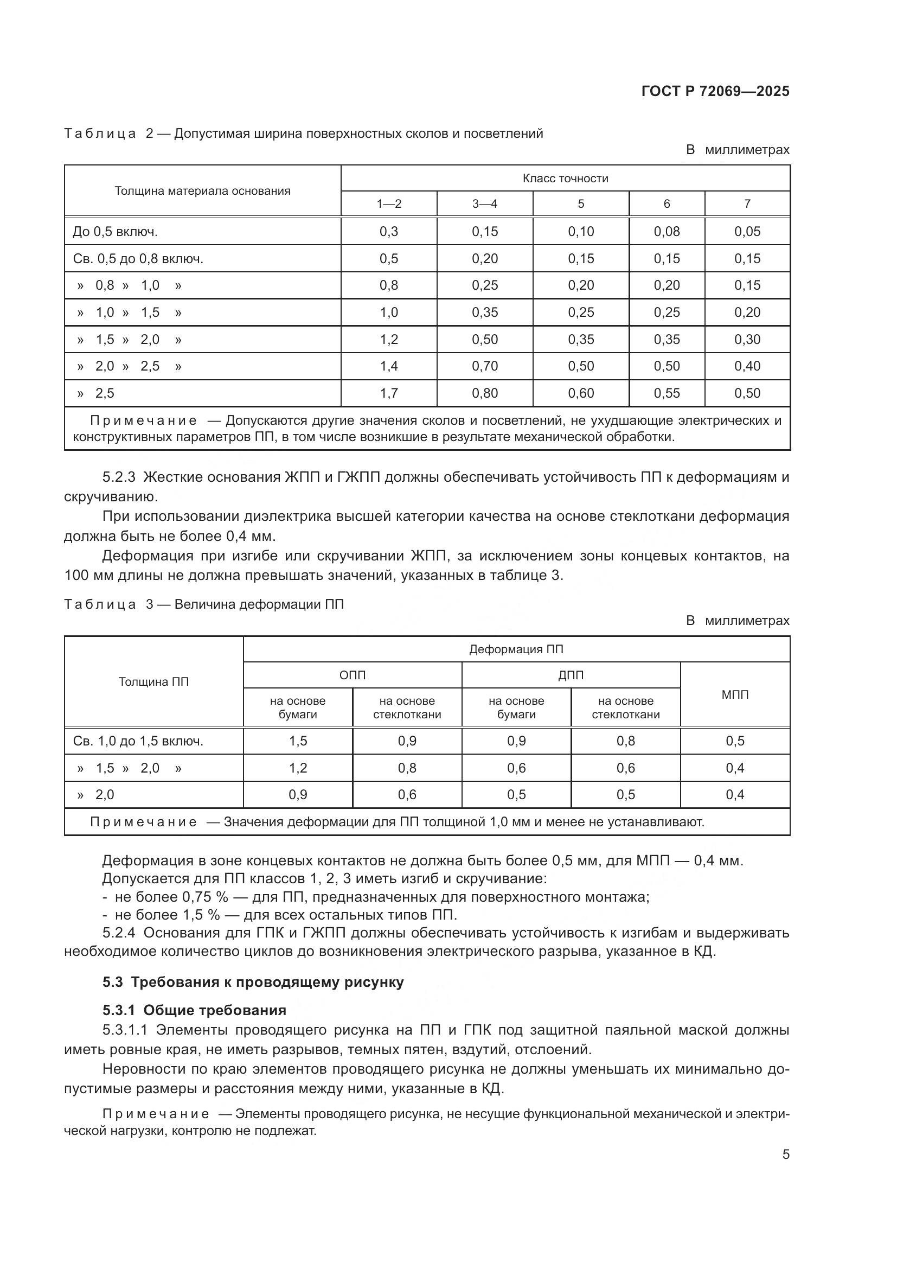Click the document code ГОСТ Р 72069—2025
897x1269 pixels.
(715, 91)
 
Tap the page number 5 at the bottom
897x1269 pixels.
(785, 1155)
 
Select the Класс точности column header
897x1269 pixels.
(565, 178)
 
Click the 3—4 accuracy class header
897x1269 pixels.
(484, 204)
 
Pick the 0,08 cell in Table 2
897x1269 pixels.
(667, 232)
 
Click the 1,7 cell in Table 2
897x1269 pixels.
(388, 393)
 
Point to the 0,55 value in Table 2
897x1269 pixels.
(667, 393)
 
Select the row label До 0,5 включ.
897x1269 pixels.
(115, 232)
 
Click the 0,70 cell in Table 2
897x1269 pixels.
(484, 366)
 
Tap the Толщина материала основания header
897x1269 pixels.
(202, 191)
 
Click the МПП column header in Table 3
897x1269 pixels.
(735, 695)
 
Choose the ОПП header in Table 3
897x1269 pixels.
(352, 675)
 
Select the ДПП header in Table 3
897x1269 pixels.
(571, 675)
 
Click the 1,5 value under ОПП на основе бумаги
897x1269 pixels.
(298, 741)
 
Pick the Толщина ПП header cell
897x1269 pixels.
(153, 682)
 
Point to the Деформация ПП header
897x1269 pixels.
(516, 649)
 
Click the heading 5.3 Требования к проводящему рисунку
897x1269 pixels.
(253, 982)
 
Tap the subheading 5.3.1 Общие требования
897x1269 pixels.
(195, 1010)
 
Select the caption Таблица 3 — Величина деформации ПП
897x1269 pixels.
(204, 604)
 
